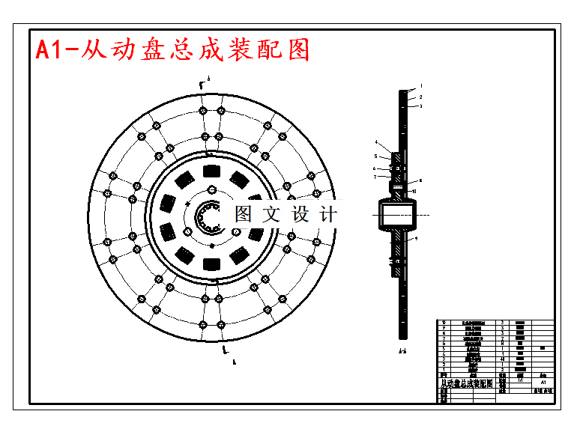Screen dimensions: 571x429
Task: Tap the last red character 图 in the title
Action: pos(297,49)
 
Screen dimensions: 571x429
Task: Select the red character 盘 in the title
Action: pos(155,49)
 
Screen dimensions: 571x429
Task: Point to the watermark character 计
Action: pos(327,214)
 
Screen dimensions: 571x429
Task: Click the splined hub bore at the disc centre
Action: pos(208,218)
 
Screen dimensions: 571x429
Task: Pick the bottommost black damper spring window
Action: pos(211,263)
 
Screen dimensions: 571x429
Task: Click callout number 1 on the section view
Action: pos(421,87)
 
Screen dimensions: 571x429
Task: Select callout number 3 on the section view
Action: pos(421,106)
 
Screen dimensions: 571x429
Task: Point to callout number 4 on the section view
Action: pos(377,142)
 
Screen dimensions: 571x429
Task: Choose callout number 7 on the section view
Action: pos(375,177)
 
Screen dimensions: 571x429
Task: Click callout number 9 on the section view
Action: pos(416,238)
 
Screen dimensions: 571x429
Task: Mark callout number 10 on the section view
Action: pos(414,192)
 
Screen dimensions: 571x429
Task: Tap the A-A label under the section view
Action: pos(402,350)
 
